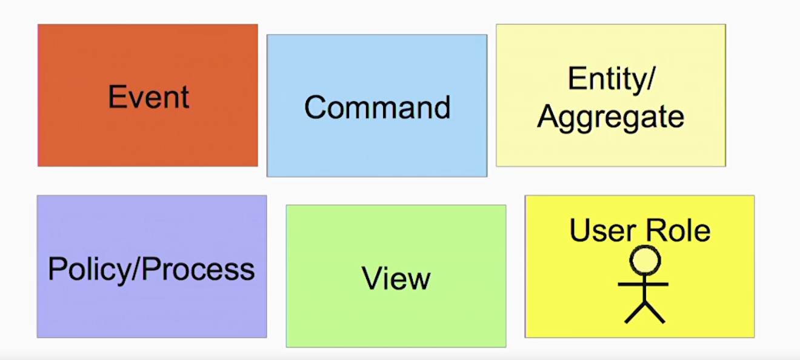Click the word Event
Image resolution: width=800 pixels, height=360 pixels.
(x=148, y=96)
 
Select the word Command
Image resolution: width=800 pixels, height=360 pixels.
(x=378, y=107)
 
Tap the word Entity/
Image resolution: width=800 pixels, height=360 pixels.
(x=612, y=79)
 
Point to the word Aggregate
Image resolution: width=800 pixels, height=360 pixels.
(x=611, y=118)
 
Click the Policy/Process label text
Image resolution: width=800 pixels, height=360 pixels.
(x=152, y=270)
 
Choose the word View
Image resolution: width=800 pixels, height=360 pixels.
(x=396, y=278)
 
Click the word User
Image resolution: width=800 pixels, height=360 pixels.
(x=602, y=230)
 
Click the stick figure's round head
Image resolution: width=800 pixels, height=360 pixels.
(x=645, y=261)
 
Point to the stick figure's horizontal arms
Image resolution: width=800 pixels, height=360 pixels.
(x=643, y=284)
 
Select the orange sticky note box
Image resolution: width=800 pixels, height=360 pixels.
(x=148, y=95)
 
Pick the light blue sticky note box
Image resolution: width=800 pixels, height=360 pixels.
(x=377, y=105)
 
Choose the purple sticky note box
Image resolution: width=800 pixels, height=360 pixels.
(x=152, y=267)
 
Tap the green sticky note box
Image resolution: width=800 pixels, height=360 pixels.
(x=396, y=276)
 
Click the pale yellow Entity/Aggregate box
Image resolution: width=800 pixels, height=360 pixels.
(x=611, y=95)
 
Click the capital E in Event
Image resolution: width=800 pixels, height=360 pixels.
(x=116, y=96)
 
